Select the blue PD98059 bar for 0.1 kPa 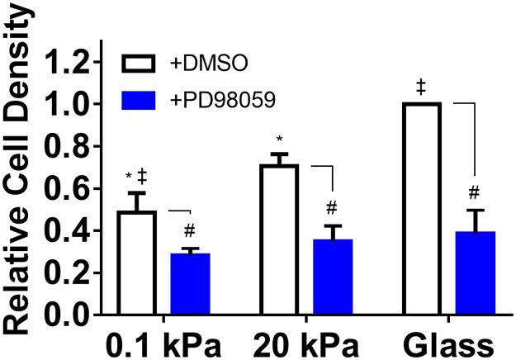coord(190,284)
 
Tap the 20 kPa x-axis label coord(305,342)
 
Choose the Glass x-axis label coord(446,342)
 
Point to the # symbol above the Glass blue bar coord(474,192)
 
